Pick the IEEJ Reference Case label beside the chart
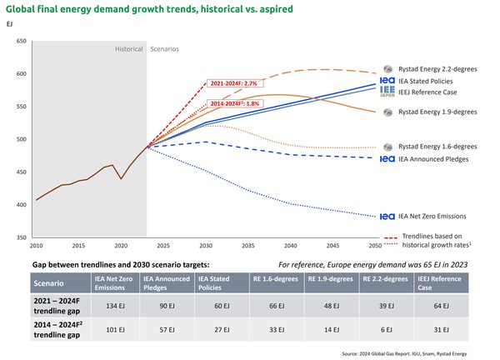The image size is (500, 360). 438,92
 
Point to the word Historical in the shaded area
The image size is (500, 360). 129,49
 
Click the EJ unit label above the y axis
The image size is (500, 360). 10,25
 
